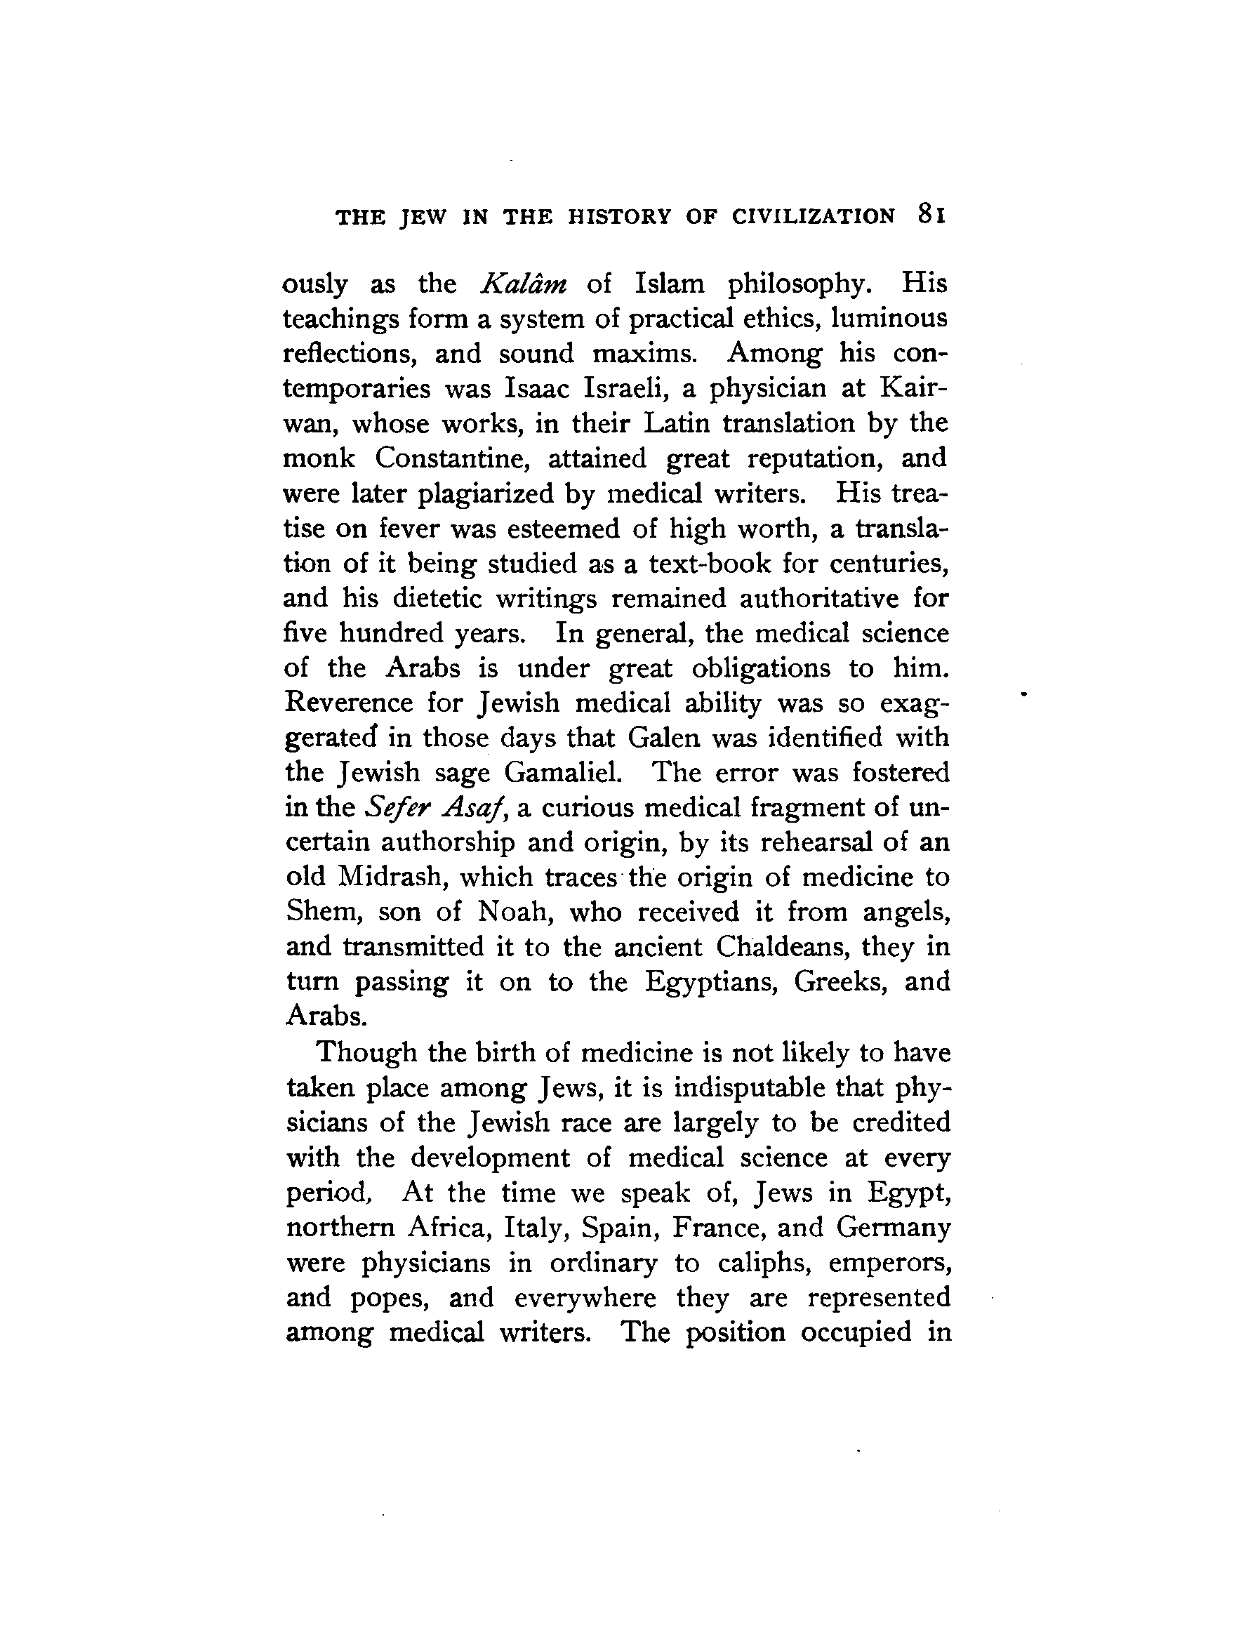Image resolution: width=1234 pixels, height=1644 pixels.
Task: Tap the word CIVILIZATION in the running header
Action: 814,216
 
